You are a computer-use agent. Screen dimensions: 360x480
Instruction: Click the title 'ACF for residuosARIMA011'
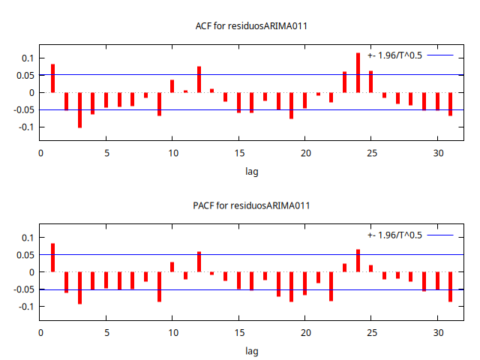[x=251, y=26]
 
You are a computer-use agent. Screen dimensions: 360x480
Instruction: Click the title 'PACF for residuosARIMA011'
[x=251, y=205]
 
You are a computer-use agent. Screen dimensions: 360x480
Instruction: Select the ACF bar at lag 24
[x=358, y=73]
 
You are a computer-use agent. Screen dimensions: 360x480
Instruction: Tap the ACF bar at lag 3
[x=79, y=109]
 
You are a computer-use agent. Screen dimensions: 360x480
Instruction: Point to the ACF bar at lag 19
[x=292, y=105]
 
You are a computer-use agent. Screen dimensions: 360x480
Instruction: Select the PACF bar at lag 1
[x=53, y=257]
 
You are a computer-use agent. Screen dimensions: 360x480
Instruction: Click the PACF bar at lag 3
[x=79, y=287]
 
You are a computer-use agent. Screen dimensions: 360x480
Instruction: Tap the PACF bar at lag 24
[x=358, y=260]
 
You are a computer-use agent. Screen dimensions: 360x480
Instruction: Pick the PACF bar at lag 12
[x=199, y=262]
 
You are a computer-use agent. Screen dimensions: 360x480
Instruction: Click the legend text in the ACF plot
[x=394, y=55]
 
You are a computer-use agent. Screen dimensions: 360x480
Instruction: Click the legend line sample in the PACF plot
[x=441, y=235]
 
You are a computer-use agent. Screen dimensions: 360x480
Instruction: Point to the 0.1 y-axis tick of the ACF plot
[x=27, y=58]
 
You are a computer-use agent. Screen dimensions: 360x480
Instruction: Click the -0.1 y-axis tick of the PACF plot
[x=25, y=307]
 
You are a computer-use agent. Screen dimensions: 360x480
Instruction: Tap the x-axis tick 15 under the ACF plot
[x=238, y=153]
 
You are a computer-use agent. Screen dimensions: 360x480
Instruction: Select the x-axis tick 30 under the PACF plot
[x=437, y=332]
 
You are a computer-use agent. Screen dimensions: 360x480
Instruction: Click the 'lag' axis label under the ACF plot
[x=251, y=172]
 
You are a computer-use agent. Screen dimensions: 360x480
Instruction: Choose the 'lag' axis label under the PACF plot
[x=251, y=351]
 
